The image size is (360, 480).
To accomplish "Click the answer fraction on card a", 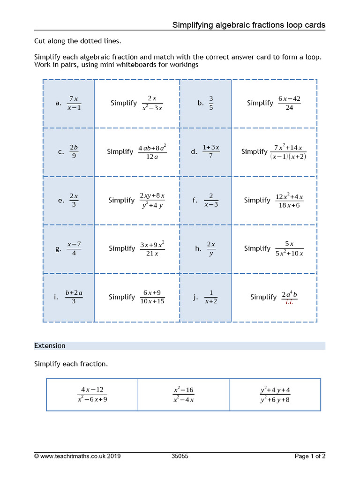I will [x=74, y=103].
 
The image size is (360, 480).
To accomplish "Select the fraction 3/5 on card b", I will [x=211, y=103].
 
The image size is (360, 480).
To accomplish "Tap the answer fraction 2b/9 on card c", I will [x=74, y=151].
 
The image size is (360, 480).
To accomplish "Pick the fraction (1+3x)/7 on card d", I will [x=211, y=151].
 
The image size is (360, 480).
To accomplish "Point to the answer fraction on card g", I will [x=74, y=248].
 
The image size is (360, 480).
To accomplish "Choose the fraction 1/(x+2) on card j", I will [x=211, y=297].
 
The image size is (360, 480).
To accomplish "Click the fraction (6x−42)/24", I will [x=289, y=103].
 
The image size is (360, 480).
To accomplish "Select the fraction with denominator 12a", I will [x=152, y=151].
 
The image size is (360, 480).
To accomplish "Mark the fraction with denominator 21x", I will [x=152, y=248].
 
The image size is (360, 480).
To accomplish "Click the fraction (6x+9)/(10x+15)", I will [x=152, y=297].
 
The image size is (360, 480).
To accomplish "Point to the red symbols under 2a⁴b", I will [x=289, y=302].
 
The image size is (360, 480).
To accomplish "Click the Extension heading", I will [x=50, y=345].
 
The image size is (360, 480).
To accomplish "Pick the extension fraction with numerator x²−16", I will [x=183, y=395].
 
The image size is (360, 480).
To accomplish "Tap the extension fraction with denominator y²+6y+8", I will [x=275, y=395].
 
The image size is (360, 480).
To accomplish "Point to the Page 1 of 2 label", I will [x=310, y=456].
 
